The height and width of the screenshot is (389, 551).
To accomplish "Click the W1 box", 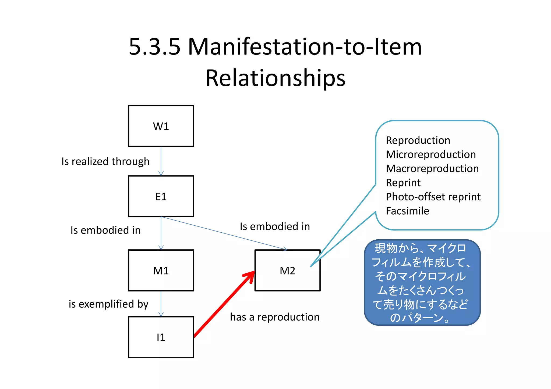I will [x=161, y=126].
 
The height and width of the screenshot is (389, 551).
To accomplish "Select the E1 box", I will [x=161, y=196].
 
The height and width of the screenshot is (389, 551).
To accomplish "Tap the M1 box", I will [x=161, y=271].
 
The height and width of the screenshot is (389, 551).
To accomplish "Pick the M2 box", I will [x=287, y=271].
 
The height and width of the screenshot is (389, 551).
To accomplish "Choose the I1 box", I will [x=161, y=337].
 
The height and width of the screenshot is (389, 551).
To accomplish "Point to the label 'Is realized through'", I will [x=105, y=161].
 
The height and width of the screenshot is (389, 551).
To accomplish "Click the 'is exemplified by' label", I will [x=108, y=304].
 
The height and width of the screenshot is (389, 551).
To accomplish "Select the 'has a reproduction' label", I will [x=275, y=317].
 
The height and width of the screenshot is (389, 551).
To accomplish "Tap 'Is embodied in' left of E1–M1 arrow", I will [x=105, y=230].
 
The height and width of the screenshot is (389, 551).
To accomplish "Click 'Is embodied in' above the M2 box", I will [x=275, y=226].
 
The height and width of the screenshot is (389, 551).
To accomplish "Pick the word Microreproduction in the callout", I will [x=431, y=154].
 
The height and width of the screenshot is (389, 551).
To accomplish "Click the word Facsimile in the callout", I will [x=407, y=211].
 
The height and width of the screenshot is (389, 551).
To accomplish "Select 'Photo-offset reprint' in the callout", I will [x=433, y=197].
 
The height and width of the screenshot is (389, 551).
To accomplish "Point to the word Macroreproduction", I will [x=432, y=169].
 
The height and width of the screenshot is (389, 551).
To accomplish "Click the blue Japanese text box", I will [x=422, y=283].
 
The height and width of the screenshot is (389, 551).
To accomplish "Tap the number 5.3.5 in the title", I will [x=154, y=47].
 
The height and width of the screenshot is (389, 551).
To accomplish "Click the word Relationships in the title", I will [x=275, y=78].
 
